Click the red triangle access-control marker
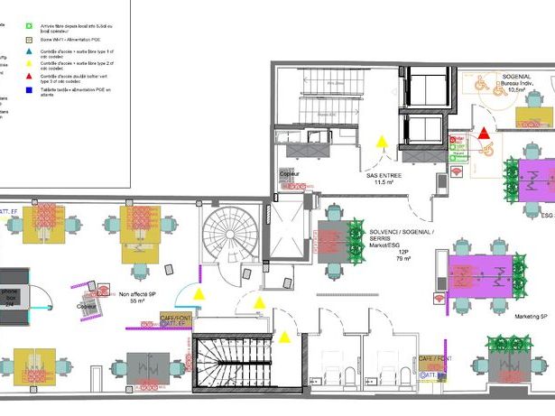485,134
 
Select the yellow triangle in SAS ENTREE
383,142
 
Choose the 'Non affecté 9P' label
138,293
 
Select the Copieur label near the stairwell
289,173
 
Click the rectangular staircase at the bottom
229,365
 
